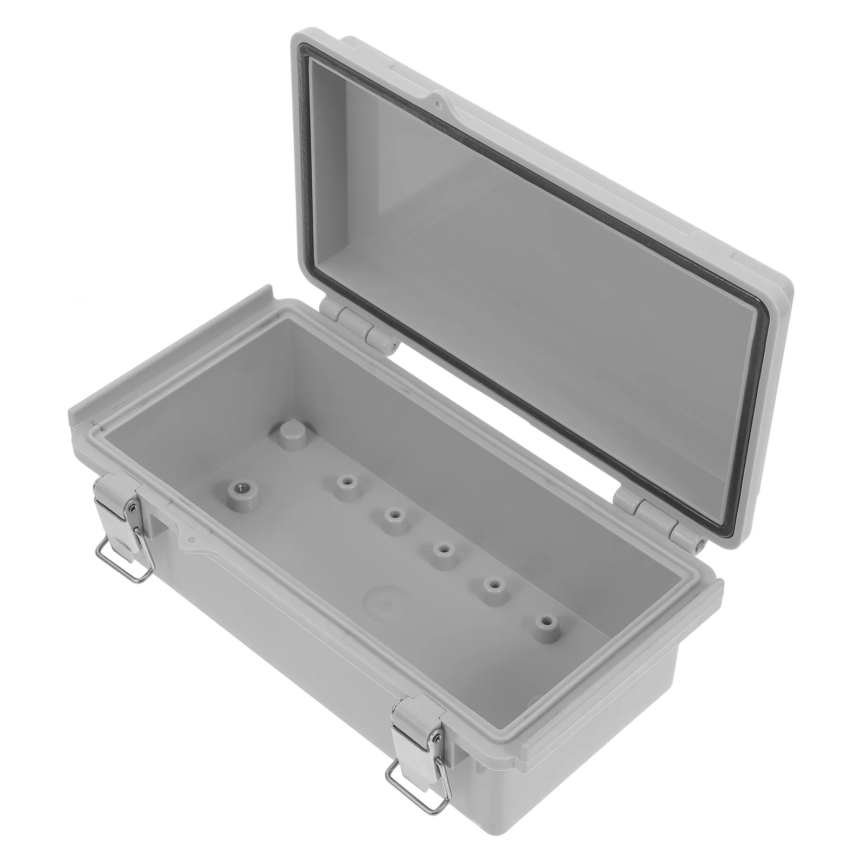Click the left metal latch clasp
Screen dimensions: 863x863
click(x=118, y=502)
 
